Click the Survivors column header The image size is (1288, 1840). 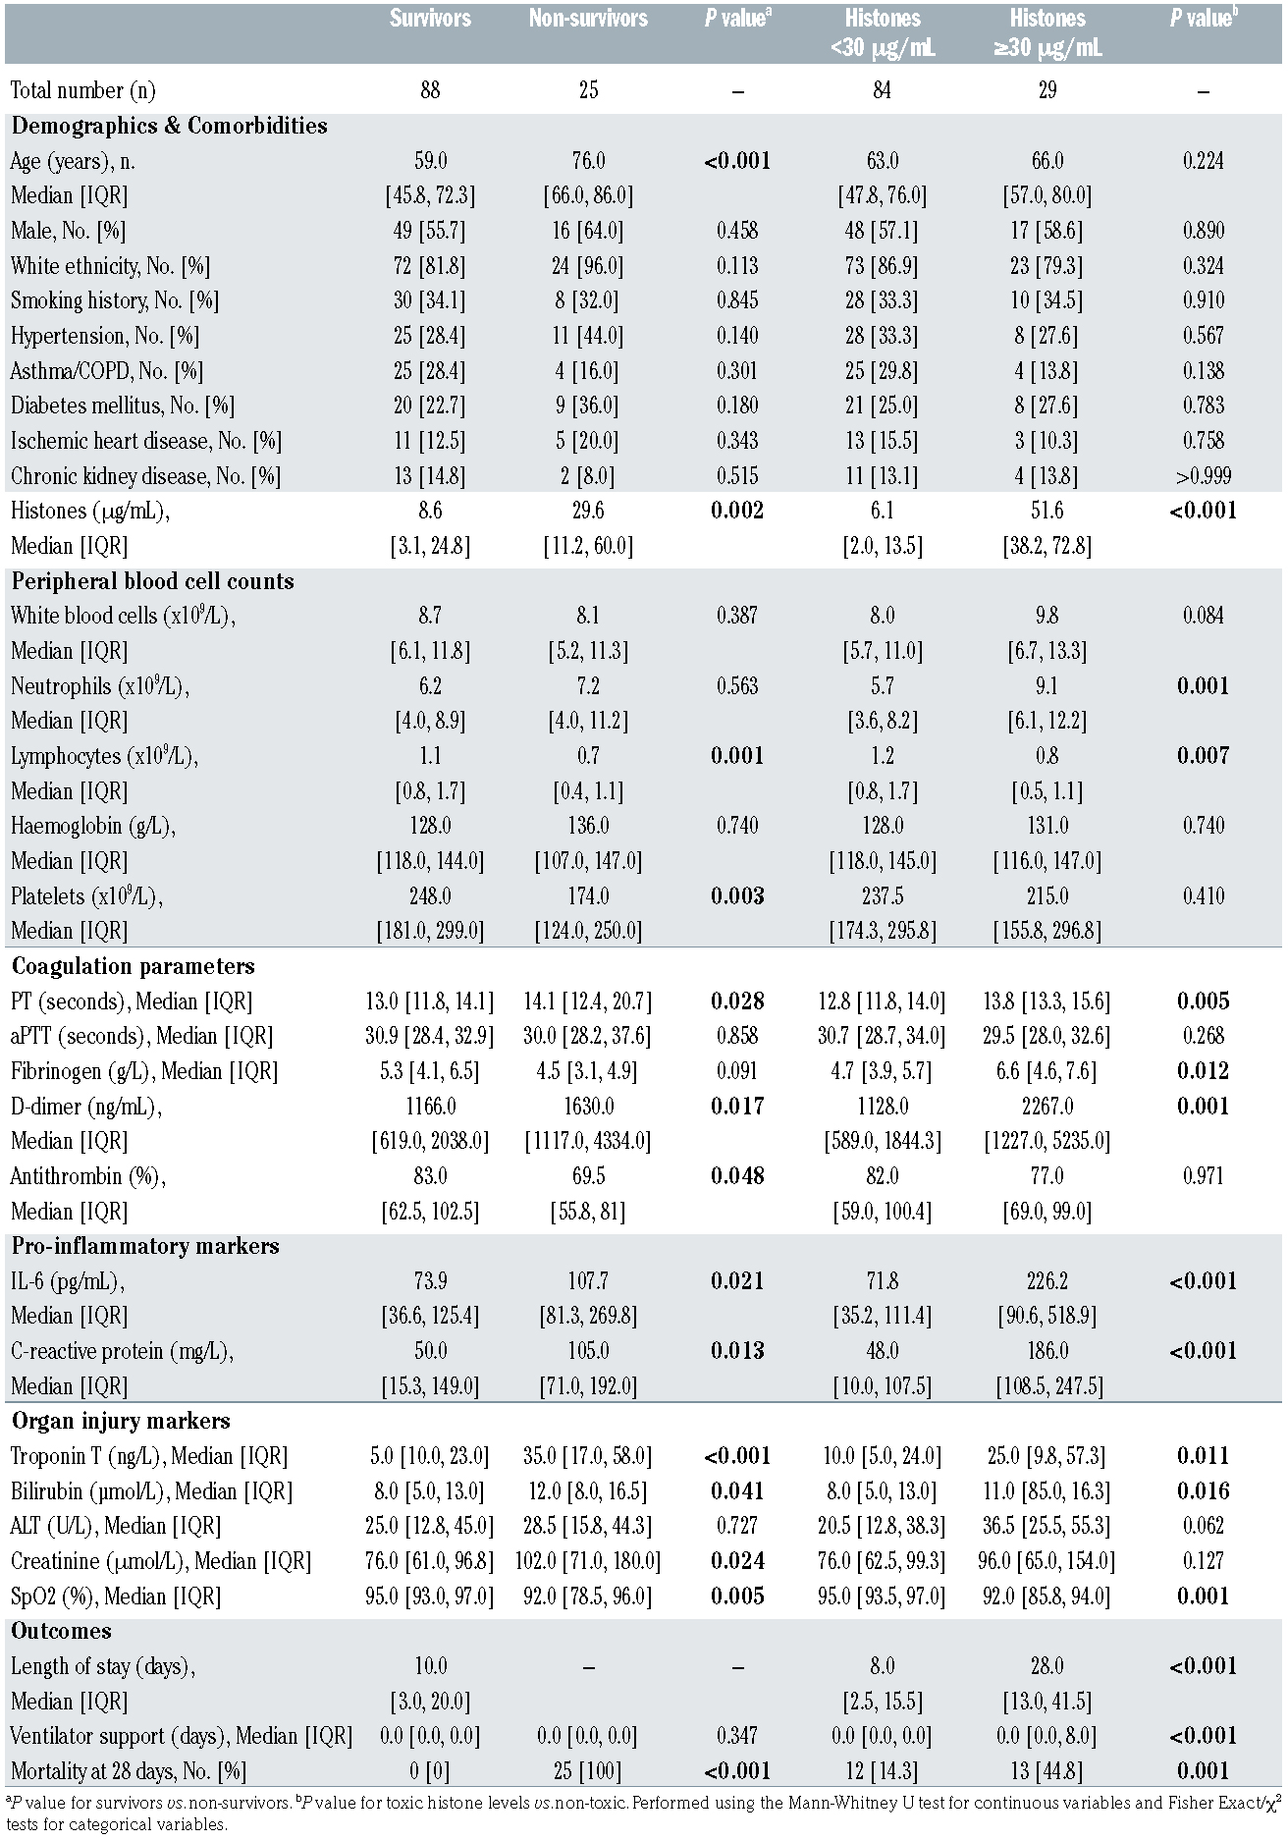[x=430, y=19]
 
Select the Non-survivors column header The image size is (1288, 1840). [x=588, y=19]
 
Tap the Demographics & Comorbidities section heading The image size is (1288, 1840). [x=169, y=126]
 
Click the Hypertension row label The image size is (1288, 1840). [x=104, y=336]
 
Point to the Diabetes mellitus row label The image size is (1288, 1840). [x=123, y=406]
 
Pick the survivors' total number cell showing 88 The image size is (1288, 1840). [x=430, y=90]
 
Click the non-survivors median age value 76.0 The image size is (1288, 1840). [x=588, y=160]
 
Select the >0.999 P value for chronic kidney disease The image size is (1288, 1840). [x=1204, y=476]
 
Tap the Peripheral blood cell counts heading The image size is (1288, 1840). [x=152, y=581]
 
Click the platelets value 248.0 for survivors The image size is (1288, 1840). [x=430, y=896]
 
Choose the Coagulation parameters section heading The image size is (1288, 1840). [x=133, y=966]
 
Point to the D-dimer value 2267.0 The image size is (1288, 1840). [x=1047, y=1107]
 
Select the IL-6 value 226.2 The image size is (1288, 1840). [x=1047, y=1281]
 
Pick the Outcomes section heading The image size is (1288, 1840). [x=61, y=1631]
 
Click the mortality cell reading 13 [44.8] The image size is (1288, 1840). [x=1047, y=1771]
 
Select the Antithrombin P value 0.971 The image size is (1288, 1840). [x=1204, y=1176]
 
